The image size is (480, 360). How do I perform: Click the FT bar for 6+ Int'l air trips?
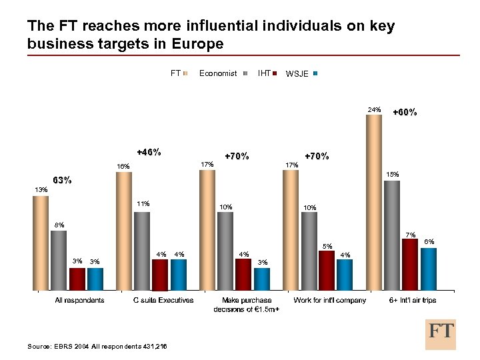pos(374,203)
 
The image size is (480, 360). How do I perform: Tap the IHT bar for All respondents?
pos(77,279)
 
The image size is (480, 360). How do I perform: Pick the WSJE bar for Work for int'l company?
pos(345,275)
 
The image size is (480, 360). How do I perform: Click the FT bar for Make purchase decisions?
pos(207,230)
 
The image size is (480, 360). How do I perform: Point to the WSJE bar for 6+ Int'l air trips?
pos(428,269)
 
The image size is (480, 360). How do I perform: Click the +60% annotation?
pos(405,112)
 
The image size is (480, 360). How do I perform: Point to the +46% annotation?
pos(148,152)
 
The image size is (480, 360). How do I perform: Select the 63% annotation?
pos(62,180)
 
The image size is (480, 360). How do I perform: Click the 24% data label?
pos(374,109)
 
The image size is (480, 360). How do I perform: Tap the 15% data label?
pos(393,175)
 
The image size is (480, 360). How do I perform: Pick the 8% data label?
pos(59,225)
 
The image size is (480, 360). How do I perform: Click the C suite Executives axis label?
pos(163,300)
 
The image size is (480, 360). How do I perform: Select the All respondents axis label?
pos(79,300)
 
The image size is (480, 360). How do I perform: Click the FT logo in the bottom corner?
pos(441,333)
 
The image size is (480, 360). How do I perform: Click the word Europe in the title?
pos(198,44)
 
